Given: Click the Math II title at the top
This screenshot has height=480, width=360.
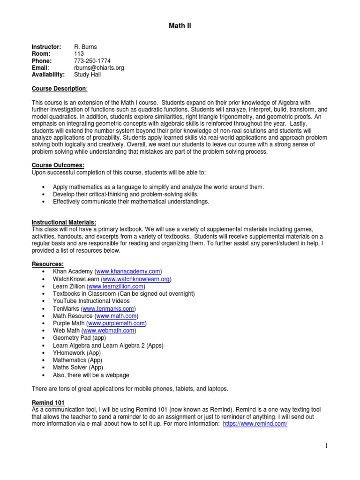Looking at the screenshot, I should tap(180, 26).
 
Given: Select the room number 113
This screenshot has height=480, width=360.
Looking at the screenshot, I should tap(79, 54).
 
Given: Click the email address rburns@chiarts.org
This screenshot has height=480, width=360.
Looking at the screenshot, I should tap(99, 67).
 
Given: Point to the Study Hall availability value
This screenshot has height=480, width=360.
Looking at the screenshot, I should tap(87, 75).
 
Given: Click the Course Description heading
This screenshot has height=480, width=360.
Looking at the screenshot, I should tap(59, 89).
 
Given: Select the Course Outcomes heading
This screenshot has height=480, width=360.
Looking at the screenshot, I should tap(58, 165).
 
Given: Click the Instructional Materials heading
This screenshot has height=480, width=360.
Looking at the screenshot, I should tap(64, 222).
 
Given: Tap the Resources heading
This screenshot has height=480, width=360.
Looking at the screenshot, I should tap(47, 264).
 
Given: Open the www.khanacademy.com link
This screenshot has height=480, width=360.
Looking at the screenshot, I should tap(128, 271).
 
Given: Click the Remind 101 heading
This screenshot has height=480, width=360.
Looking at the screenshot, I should tap(48, 403).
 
